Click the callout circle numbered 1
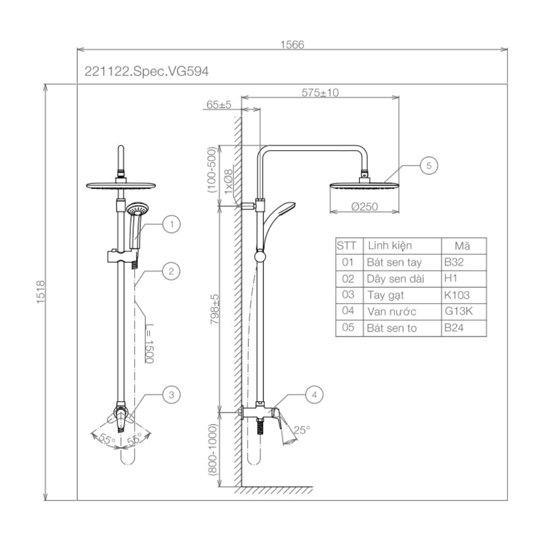172,224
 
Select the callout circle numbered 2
172,271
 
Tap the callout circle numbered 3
172,394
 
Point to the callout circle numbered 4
314,395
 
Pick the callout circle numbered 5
429,165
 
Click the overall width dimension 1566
292,45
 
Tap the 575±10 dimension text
320,93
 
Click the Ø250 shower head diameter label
364,207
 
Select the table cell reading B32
453,262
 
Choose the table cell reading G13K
459,311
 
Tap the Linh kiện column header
389,245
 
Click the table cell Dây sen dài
395,279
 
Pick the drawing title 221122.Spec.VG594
146,71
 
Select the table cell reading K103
456,295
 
